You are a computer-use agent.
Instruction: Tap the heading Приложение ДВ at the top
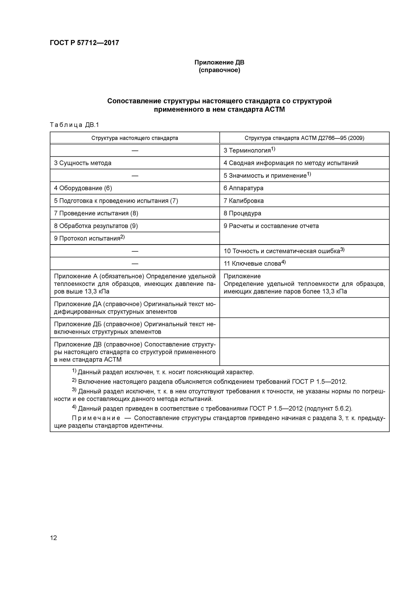click(x=219, y=62)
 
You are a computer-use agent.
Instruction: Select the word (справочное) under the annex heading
click(x=219, y=70)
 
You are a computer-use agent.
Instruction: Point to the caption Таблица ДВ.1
click(x=74, y=125)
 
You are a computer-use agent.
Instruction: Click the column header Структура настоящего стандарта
click(x=134, y=138)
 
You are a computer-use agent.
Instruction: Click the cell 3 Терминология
click(x=249, y=150)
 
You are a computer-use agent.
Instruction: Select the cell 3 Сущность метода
click(x=83, y=163)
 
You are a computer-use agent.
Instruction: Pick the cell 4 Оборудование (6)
click(x=83, y=188)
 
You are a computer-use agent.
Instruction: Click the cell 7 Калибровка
click(x=243, y=201)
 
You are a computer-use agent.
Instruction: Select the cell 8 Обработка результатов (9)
click(x=96, y=226)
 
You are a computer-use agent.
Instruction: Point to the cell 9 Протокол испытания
click(x=89, y=238)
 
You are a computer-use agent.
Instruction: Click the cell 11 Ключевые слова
click(x=254, y=263)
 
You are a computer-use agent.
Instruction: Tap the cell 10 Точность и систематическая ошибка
click(x=284, y=251)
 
